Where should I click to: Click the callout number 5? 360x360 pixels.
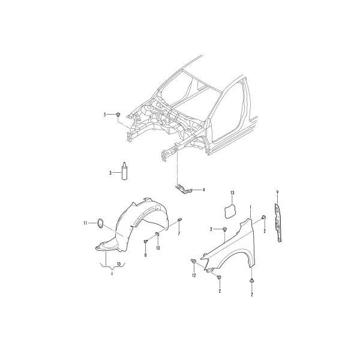click(104, 115)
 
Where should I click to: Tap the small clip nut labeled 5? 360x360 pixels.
click(118, 115)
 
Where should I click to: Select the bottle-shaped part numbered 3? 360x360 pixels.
click(124, 171)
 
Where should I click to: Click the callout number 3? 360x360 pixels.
click(110, 173)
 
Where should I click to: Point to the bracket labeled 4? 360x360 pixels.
click(184, 190)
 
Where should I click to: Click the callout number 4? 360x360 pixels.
click(203, 190)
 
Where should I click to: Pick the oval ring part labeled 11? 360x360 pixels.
click(100, 224)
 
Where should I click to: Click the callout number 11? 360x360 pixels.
click(85, 223)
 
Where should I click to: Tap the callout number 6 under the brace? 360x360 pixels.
click(112, 274)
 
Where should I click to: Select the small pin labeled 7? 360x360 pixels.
click(180, 220)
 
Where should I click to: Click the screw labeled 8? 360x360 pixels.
click(145, 241)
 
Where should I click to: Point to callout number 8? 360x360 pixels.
click(145, 255)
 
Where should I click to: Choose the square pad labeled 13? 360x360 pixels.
click(230, 211)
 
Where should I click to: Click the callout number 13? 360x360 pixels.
click(232, 193)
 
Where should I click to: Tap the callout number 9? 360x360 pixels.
click(277, 193)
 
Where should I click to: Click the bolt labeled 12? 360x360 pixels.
click(193, 261)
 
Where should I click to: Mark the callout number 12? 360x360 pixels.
click(194, 275)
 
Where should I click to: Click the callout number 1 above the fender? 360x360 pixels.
click(250, 208)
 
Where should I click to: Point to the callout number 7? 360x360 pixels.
click(179, 234)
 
